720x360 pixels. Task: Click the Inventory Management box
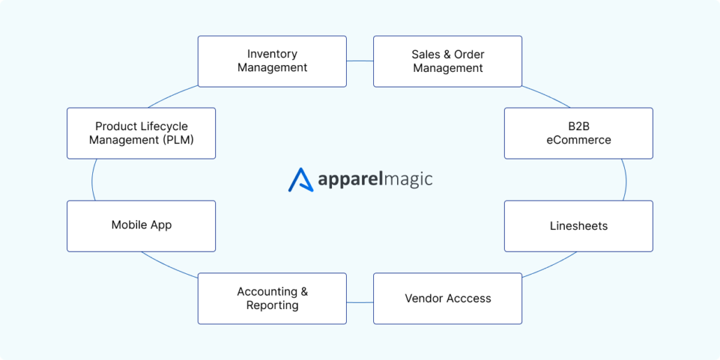click(272, 62)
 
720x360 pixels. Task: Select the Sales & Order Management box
click(447, 62)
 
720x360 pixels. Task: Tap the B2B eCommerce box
click(578, 133)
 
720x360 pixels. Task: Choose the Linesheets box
click(578, 226)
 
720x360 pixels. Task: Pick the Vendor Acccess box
click(447, 298)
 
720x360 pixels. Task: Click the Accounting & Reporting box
click(272, 298)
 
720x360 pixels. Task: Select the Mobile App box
click(141, 226)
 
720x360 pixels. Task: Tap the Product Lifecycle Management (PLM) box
click(141, 133)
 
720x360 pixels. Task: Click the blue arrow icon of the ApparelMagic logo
click(301, 180)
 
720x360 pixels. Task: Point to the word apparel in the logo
click(349, 180)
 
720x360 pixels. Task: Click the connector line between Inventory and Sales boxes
click(360, 61)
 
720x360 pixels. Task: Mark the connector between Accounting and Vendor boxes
click(360, 302)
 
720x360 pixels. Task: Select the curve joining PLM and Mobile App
click(92, 180)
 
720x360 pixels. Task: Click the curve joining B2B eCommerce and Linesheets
click(627, 180)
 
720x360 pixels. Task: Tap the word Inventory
click(272, 54)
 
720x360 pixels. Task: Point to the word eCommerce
click(578, 140)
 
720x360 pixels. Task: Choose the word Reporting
click(272, 305)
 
